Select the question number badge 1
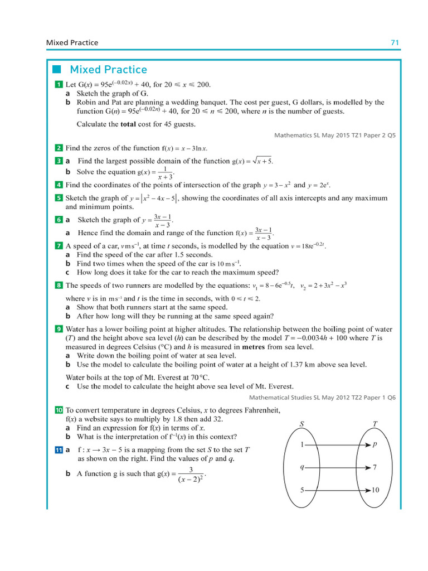click(x=59, y=85)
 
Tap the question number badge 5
click(x=59, y=198)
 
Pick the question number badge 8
click(x=59, y=285)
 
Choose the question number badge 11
click(x=59, y=450)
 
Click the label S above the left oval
click(x=301, y=424)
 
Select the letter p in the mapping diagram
click(x=374, y=445)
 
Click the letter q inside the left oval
click(x=301, y=467)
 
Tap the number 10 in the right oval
click(x=375, y=490)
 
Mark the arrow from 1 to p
click(x=337, y=445)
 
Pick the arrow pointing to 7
click(x=337, y=467)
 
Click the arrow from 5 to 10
click(x=337, y=490)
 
